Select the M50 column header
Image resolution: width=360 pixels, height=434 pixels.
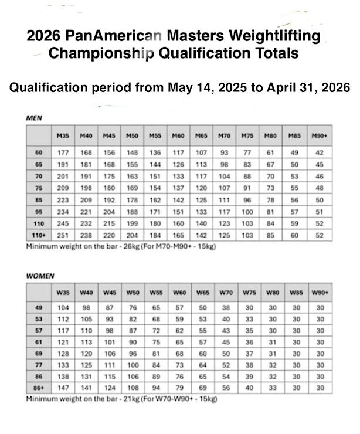tap(132, 135)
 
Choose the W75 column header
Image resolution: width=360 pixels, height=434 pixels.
tap(249, 292)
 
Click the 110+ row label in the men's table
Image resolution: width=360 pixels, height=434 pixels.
tap(39, 235)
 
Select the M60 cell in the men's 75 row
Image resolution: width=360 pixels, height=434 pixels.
tap(178, 188)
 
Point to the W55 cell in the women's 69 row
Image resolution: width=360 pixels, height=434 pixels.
tap(155, 354)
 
